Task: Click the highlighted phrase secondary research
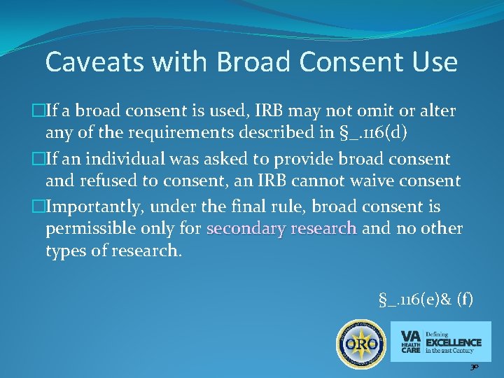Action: click(282, 228)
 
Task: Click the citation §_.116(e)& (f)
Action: click(425, 300)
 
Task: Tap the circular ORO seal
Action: click(360, 343)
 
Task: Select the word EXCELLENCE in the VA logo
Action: click(454, 342)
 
